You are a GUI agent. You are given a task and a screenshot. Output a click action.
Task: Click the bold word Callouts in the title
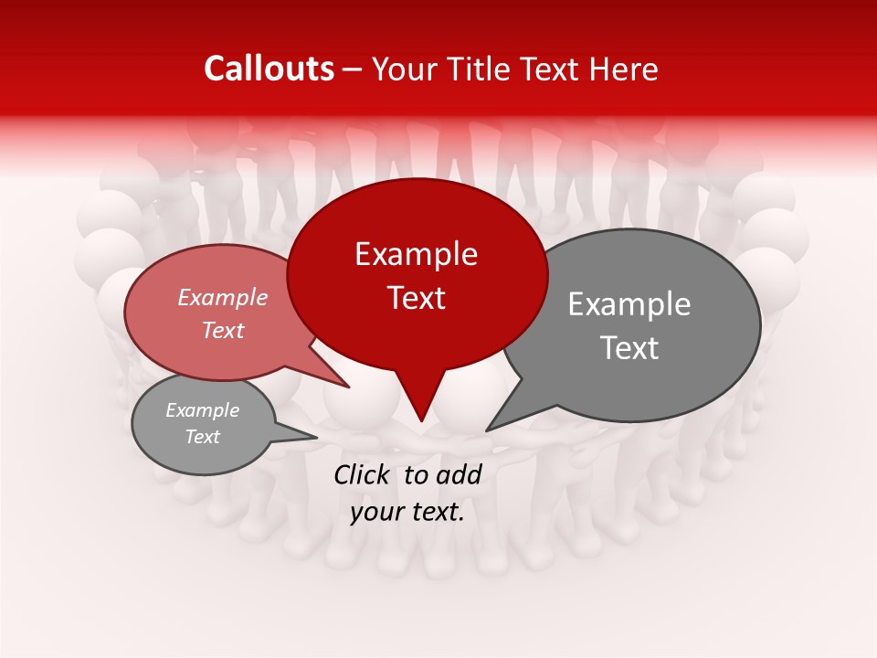(269, 69)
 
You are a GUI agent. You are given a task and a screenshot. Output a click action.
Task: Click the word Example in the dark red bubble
(416, 254)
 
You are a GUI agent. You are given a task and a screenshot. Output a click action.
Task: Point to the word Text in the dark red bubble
(416, 298)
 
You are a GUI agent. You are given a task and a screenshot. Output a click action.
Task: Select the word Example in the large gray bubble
(629, 304)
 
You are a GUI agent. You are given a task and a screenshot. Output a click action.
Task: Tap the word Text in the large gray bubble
(629, 348)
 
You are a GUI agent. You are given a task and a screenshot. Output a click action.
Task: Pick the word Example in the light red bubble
(223, 298)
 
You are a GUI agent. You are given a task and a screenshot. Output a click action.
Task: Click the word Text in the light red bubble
(223, 330)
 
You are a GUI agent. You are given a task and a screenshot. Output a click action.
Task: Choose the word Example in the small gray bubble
(203, 410)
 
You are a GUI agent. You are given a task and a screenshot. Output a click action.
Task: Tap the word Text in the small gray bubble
(203, 437)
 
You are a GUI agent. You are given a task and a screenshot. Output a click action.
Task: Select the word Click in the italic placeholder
(363, 474)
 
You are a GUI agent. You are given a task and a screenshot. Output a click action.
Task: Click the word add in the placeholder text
(460, 474)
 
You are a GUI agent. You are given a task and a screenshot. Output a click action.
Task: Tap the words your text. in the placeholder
(407, 512)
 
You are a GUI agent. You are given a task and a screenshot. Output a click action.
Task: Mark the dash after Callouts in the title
(354, 69)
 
